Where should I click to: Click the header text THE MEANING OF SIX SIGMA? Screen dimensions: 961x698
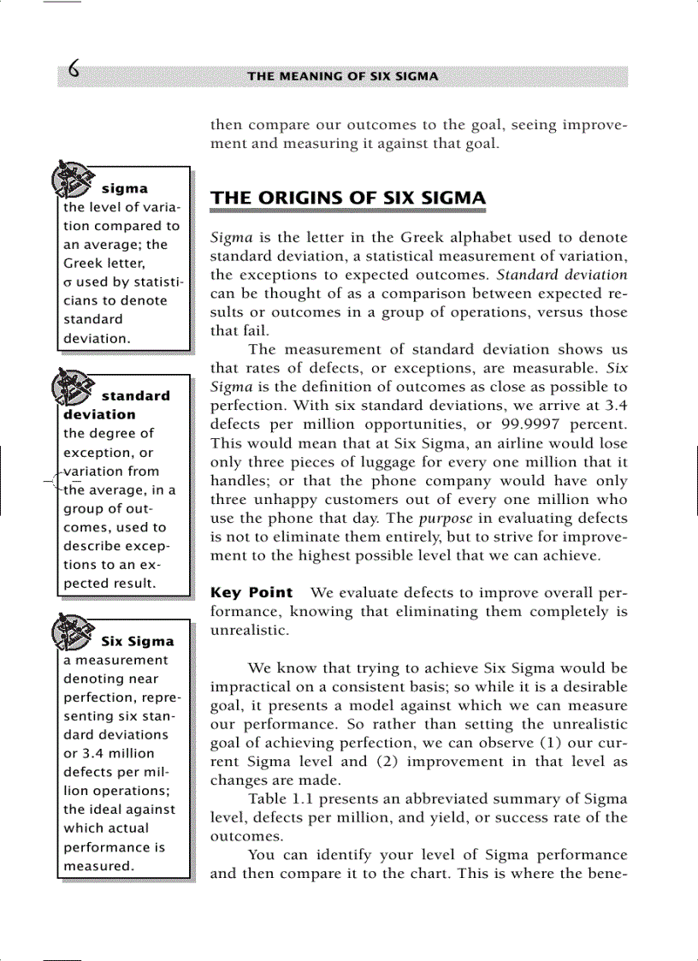click(x=342, y=76)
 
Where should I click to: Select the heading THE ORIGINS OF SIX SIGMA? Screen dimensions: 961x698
click(x=348, y=199)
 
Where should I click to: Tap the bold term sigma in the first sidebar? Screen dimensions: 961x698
click(x=125, y=188)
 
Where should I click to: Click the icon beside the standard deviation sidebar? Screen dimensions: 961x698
click(x=72, y=387)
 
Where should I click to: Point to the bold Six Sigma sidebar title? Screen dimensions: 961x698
click(x=138, y=641)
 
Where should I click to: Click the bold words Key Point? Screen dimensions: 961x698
click(x=251, y=593)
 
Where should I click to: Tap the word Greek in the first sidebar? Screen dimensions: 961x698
click(x=84, y=264)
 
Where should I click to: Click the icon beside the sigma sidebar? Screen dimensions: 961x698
click(x=72, y=179)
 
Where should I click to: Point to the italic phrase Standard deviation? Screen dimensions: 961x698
click(x=562, y=275)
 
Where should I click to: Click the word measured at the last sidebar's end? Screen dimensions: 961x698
click(x=98, y=866)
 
